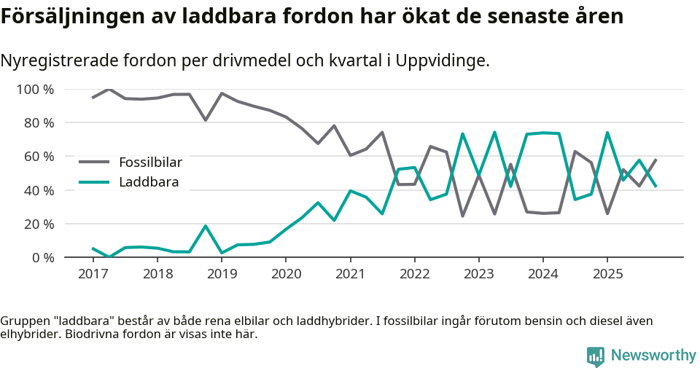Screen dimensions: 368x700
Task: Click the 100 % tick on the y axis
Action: [x=35, y=90]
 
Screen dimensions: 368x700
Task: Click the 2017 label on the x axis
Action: [x=93, y=274]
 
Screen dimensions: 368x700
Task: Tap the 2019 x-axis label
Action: [x=222, y=274]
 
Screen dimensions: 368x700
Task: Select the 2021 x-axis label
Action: [x=350, y=274]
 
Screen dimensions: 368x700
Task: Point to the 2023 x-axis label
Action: [x=478, y=274]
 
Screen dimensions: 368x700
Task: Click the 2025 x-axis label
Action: [x=607, y=274]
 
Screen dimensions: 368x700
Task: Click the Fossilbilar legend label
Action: [x=150, y=162]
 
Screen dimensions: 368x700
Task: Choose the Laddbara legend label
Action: [x=149, y=182]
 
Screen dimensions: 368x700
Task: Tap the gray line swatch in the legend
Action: [x=94, y=162]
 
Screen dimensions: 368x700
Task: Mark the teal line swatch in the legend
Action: [x=94, y=182]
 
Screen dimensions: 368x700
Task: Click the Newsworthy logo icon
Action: [x=596, y=356]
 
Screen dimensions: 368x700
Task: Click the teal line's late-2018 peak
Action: [x=206, y=226]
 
